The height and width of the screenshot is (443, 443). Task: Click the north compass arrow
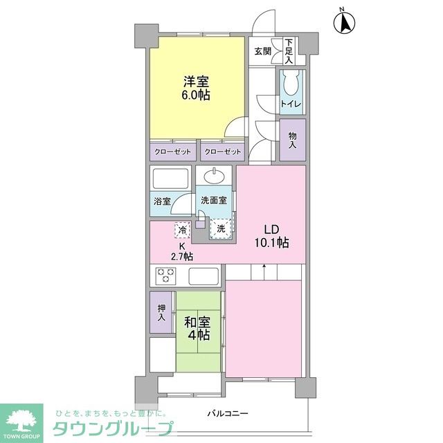343,22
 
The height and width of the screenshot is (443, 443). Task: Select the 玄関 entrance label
262,51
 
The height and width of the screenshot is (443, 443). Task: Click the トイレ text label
289,105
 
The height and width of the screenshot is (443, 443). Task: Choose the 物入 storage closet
292,141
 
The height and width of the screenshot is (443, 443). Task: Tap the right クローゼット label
223,151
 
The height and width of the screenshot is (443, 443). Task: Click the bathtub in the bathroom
171,181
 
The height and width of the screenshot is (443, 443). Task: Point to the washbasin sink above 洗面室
215,177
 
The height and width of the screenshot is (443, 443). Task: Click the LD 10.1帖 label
271,236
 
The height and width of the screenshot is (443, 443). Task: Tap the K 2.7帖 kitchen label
183,251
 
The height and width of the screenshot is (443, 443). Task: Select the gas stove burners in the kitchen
167,275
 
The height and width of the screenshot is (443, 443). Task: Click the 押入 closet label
161,314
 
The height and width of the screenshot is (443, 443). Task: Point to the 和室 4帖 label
197,328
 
